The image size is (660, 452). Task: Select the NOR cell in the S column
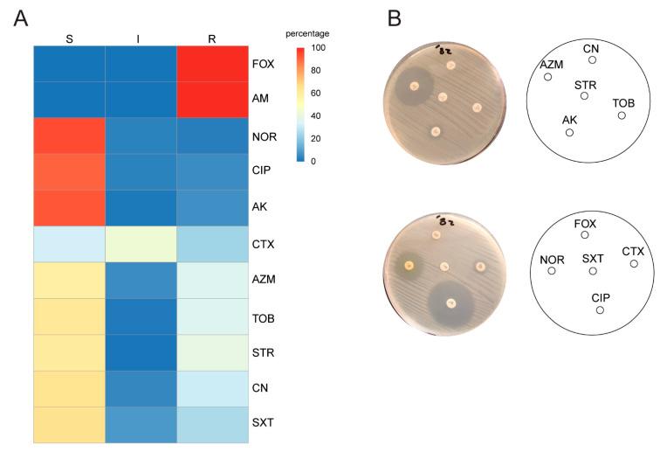69,136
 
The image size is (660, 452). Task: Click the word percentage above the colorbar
307,33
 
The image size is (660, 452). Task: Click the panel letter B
395,18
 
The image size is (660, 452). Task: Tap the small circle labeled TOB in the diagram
622,115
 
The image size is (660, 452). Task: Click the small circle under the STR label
584,95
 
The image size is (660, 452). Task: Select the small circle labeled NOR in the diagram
552,271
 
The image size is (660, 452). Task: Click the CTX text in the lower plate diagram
633,252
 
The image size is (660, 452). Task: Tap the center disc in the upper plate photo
443,97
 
